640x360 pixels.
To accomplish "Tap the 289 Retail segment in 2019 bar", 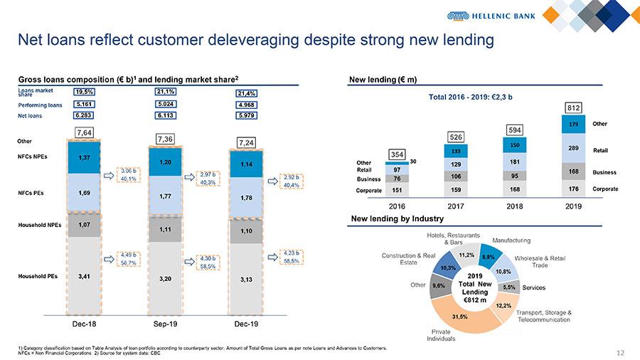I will point(573,147).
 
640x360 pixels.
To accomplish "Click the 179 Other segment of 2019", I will point(573,124).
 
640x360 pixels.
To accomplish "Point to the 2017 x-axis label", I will point(457,205).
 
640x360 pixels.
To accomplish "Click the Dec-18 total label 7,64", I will point(86,132).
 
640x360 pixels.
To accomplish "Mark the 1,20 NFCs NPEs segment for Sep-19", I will point(165,162).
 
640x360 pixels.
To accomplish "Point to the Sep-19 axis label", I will point(166,324).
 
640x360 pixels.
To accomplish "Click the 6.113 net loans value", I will point(165,115).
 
